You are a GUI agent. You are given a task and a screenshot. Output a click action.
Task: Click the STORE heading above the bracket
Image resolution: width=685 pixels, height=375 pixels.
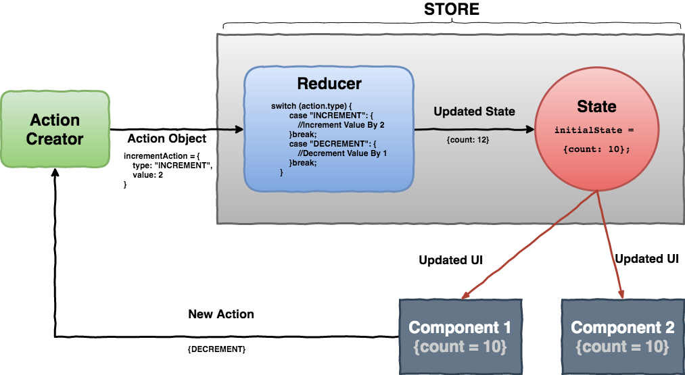(x=451, y=9)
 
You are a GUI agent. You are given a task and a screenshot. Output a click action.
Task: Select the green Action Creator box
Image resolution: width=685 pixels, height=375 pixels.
(x=55, y=129)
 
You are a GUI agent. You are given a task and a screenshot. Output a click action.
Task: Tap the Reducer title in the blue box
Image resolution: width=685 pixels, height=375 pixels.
(x=329, y=84)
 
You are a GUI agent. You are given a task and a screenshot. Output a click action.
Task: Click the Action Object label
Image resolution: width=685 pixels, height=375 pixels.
(x=166, y=139)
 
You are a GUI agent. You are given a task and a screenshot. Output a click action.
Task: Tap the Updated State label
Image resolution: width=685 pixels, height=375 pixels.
(x=474, y=111)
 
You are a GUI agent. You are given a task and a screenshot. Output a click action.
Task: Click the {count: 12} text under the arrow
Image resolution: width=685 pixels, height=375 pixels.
(x=468, y=139)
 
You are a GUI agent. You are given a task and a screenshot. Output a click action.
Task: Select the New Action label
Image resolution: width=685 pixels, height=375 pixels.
(x=221, y=314)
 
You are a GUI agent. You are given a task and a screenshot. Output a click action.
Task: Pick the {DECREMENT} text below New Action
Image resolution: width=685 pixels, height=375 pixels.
(x=216, y=349)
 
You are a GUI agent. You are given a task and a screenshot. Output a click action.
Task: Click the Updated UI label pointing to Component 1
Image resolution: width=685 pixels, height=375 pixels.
(x=450, y=260)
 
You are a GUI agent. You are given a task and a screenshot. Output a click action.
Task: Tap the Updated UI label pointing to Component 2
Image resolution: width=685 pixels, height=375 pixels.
(x=646, y=258)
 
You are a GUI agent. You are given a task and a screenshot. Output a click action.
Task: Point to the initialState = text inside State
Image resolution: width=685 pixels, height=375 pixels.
(x=595, y=130)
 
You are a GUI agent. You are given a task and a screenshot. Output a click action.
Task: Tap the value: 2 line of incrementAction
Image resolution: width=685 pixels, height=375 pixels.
(x=147, y=174)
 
